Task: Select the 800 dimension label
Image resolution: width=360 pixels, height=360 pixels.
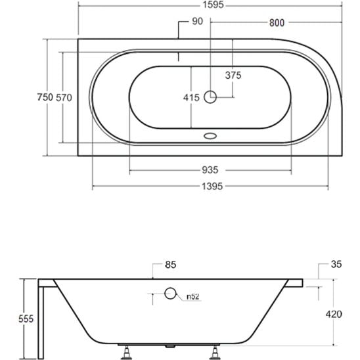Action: click(276, 23)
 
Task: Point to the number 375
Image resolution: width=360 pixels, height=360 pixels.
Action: click(233, 75)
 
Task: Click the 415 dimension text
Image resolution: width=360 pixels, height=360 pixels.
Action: click(191, 97)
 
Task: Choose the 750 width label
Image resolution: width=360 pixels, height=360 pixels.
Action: click(43, 97)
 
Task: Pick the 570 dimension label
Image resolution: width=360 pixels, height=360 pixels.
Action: click(64, 97)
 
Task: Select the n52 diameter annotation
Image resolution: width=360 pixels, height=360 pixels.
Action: click(193, 296)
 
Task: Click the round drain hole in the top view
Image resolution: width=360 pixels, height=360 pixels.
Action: click(210, 97)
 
